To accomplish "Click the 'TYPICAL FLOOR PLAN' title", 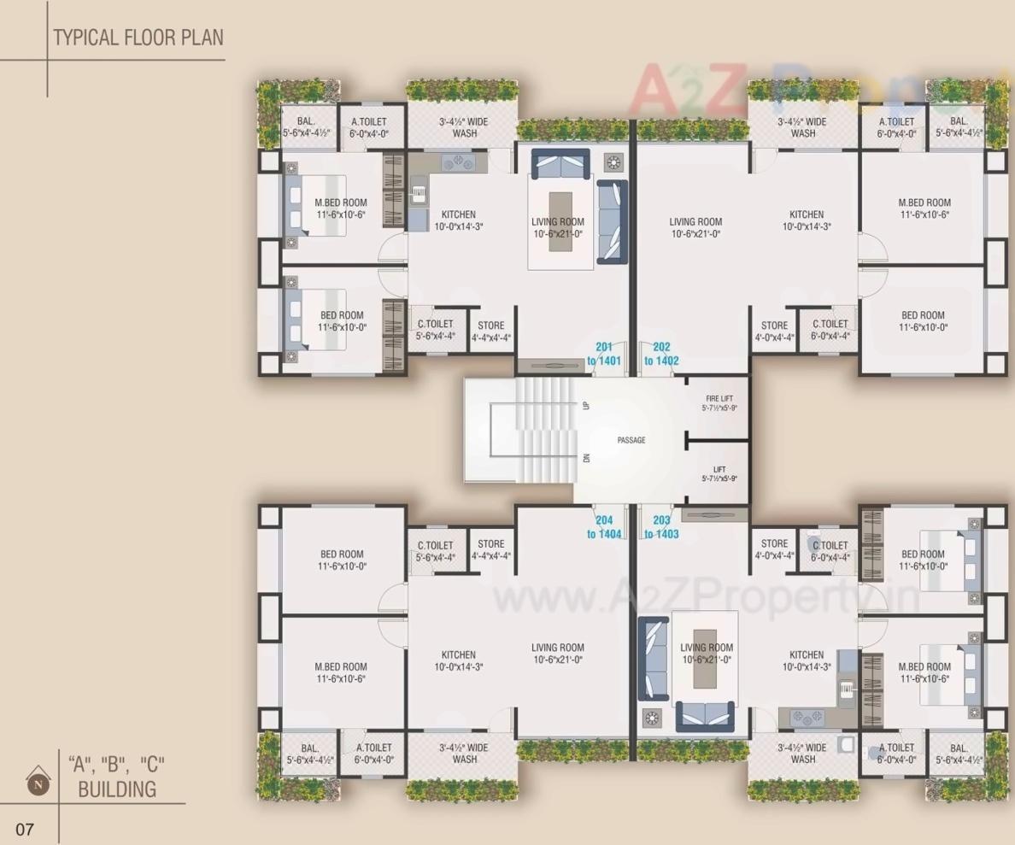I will (138, 38).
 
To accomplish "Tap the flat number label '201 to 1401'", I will (603, 354).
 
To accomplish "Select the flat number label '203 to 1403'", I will (660, 526).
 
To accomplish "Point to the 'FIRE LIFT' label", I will (719, 403).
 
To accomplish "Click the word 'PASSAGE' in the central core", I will (631, 440).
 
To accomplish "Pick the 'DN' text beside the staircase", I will (586, 457).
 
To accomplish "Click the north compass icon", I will (37, 780).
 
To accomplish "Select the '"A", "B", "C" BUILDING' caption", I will (117, 776).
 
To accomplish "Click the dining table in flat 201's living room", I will (560, 221).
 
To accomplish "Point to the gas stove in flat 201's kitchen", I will (457, 161).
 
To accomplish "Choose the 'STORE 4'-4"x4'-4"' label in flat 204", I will (490, 549).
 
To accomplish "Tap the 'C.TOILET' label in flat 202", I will (830, 330).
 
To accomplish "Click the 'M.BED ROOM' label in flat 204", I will (340, 672).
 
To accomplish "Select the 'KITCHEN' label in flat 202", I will (806, 220).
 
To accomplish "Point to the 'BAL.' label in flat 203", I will (958, 753).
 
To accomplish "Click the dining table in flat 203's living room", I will (705, 660).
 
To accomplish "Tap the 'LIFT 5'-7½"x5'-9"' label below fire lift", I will (719, 474).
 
